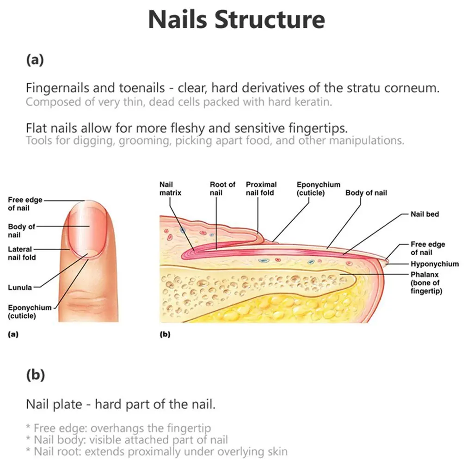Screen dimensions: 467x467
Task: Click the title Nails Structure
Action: [x=236, y=20]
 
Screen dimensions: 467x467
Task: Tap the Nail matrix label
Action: [x=170, y=188]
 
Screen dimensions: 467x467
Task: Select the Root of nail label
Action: [x=222, y=188]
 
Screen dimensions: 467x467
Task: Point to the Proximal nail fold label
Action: [x=261, y=188]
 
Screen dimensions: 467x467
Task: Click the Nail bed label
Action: [x=424, y=214]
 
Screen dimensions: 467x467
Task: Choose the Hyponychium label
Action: [x=435, y=264]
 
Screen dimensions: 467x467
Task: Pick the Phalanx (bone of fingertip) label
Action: [x=426, y=283]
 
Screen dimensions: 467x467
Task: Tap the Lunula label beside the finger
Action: [x=20, y=287]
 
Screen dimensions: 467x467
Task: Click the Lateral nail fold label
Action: [x=22, y=253]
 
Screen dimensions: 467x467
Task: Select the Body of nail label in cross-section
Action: [x=366, y=192]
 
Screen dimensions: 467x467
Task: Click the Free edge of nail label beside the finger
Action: [x=25, y=204]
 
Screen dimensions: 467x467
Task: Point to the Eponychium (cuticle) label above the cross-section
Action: [x=318, y=188]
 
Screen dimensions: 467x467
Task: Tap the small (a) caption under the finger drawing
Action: [x=13, y=334]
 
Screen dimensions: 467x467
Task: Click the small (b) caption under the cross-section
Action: [x=165, y=334]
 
